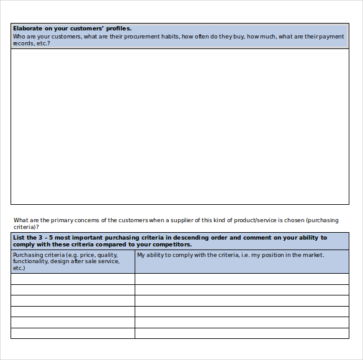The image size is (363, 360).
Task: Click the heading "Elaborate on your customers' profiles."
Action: (x=72, y=29)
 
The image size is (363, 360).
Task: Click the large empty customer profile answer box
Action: (x=180, y=127)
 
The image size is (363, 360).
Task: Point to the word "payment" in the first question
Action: (x=331, y=37)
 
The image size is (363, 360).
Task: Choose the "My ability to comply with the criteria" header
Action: (x=241, y=255)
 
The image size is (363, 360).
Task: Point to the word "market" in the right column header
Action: (x=313, y=255)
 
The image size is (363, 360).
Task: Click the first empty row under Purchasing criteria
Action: (x=73, y=279)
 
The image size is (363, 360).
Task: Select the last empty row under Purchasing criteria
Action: (x=73, y=333)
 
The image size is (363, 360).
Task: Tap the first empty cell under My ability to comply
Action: (x=241, y=279)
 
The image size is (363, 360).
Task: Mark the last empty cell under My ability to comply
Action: (x=241, y=333)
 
